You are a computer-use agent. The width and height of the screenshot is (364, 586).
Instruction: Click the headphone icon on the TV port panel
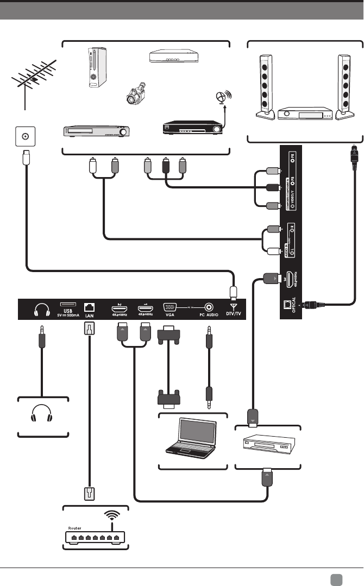(42, 310)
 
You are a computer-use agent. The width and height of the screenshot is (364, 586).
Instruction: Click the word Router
(76, 527)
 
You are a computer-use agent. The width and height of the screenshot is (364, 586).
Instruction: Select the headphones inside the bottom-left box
(42, 415)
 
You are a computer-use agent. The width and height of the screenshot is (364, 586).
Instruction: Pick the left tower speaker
(264, 87)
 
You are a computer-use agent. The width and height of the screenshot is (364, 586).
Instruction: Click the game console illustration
(97, 67)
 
